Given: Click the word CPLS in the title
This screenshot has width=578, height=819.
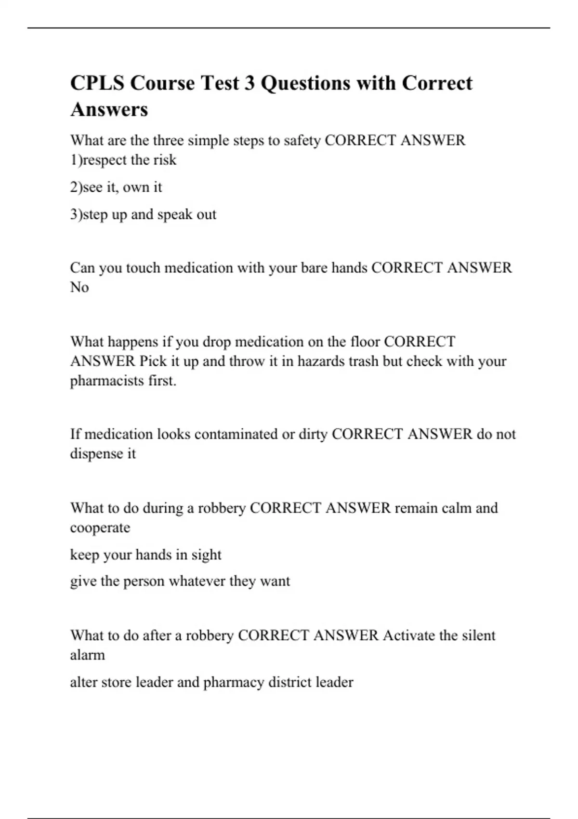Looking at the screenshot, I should point(98,83).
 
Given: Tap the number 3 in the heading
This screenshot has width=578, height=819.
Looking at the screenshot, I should point(249,83).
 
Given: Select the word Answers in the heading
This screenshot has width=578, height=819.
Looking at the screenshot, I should point(109,109).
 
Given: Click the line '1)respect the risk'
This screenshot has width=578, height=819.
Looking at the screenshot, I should point(123,160).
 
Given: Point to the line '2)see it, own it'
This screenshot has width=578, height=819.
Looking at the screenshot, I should point(116,187).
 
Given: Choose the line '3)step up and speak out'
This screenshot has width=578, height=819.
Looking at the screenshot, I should point(143,214).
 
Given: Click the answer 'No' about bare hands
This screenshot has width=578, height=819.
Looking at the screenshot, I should point(79,287).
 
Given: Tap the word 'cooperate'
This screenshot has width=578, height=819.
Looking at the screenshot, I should point(100,528).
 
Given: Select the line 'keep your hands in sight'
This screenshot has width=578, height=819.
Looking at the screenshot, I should point(145,555).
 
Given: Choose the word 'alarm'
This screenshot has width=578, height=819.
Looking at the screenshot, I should point(87,655).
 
